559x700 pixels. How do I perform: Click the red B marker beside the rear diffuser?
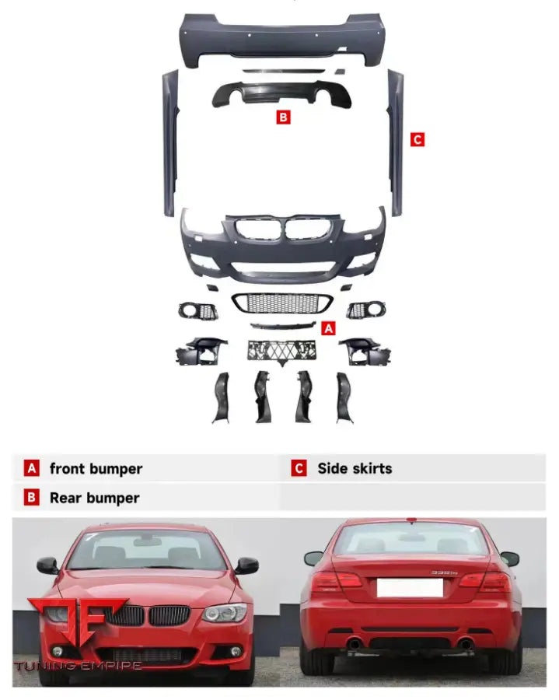284,117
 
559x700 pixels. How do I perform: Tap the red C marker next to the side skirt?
418,139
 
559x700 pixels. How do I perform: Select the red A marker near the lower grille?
328,328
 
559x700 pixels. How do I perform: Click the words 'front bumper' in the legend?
96,468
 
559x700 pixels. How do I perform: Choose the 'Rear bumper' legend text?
94,498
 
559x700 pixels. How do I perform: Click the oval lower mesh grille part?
281,303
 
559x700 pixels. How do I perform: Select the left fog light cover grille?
199,311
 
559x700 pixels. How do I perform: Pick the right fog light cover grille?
362,310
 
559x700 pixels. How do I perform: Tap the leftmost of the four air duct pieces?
222,397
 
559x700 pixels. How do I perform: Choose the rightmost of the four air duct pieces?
344,397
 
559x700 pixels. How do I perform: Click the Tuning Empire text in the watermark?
78,666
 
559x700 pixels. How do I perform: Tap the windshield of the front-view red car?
146,551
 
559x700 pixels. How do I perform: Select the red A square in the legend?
31,468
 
